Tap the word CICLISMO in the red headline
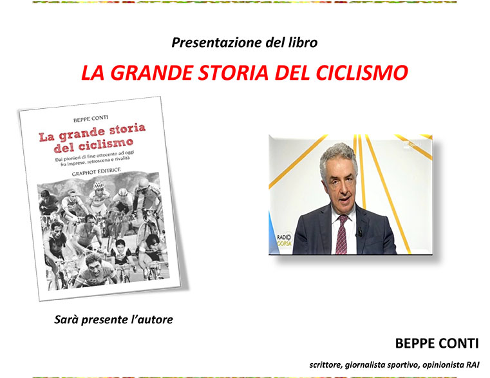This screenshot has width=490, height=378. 362,73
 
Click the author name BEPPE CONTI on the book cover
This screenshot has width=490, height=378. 91,118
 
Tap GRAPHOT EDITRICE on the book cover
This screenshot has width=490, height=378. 96,172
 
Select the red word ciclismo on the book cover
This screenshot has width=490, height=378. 106,144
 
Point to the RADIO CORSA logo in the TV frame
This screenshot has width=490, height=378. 284,240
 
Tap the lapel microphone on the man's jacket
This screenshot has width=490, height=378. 360,232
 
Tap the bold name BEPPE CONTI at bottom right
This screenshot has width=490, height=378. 437,343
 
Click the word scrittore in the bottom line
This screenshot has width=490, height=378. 326,365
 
